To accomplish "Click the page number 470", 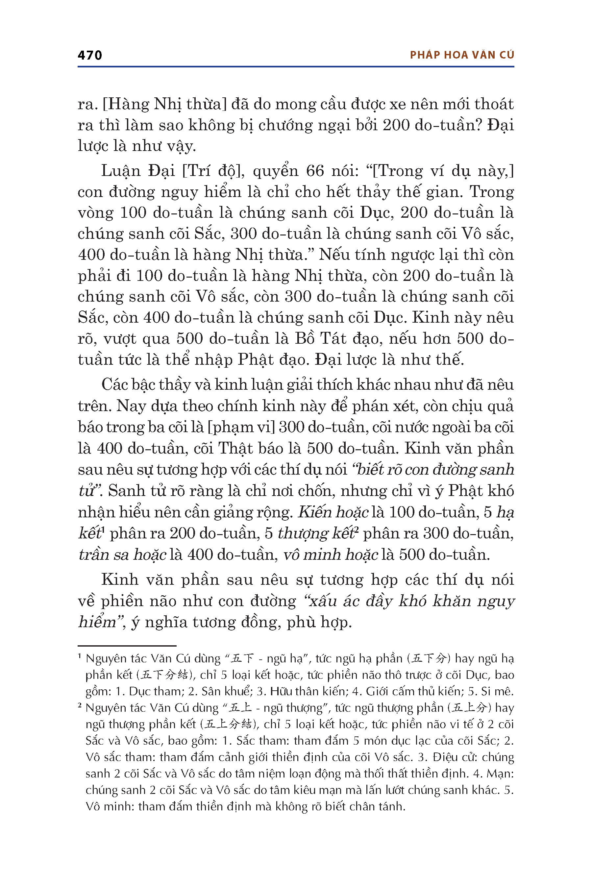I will (90, 56).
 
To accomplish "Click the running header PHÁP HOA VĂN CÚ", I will (462, 55).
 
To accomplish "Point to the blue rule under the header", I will (296, 67).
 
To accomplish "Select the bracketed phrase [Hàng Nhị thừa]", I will (164, 104).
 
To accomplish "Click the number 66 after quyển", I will (315, 171).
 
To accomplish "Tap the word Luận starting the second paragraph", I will (120, 171).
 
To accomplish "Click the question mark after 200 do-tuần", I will (480, 125).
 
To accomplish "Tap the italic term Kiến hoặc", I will (333, 512).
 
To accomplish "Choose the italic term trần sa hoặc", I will (122, 555).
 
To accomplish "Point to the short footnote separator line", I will (127, 646).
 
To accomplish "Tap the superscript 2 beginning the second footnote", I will (80, 705).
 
